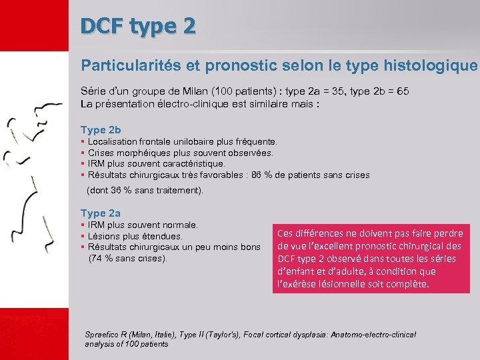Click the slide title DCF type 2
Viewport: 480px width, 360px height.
[x=138, y=26]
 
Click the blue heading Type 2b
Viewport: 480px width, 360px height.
[x=101, y=129]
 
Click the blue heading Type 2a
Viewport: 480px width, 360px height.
[x=101, y=213]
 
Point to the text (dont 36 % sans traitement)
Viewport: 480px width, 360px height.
[x=145, y=190]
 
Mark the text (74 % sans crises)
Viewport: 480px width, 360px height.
[x=128, y=258]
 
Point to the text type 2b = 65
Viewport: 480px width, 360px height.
[x=390, y=92]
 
